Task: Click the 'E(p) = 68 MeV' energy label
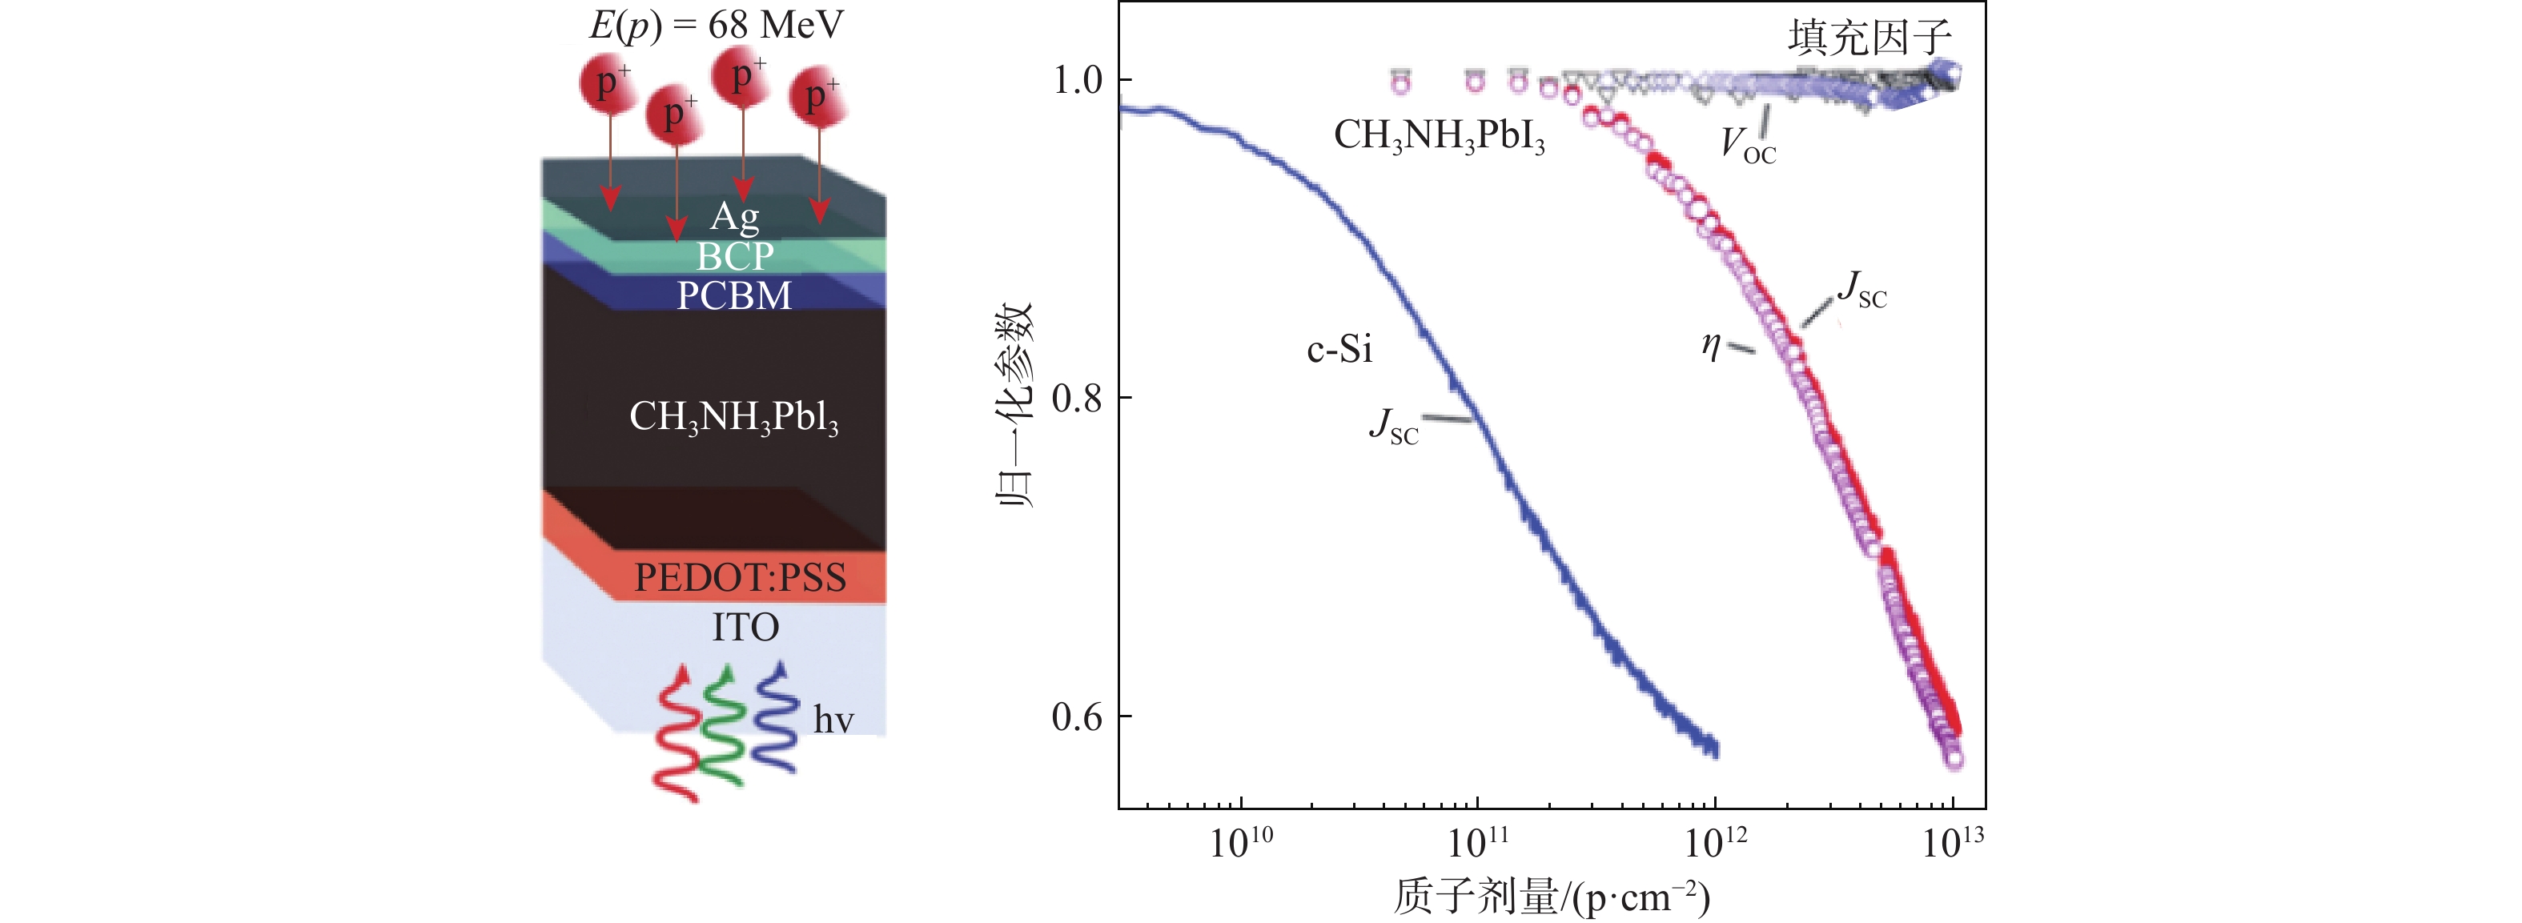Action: [716, 25]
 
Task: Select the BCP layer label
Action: [734, 256]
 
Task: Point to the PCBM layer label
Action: [734, 295]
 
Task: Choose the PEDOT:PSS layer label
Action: [740, 577]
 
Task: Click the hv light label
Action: [833, 720]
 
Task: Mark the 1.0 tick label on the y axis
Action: [1077, 80]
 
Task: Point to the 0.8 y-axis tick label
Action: [1077, 399]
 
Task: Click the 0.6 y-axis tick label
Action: [1077, 716]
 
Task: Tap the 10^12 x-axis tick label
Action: [1715, 842]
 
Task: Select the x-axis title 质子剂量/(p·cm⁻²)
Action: [1551, 897]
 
